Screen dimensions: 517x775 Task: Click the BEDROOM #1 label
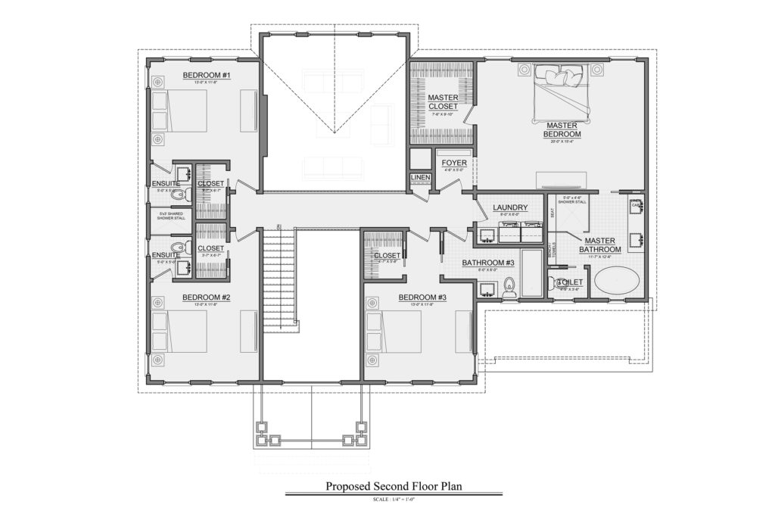(x=206, y=76)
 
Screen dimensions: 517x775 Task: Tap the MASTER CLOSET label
(x=443, y=102)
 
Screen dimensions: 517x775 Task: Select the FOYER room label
(x=454, y=163)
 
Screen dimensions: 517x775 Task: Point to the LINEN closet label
(x=420, y=178)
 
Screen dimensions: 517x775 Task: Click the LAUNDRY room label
(x=509, y=208)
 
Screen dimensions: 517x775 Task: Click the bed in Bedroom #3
(x=394, y=332)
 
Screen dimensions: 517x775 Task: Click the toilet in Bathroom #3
(x=509, y=285)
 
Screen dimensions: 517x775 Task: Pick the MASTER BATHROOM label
(x=600, y=244)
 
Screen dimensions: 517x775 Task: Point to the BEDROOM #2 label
(x=206, y=297)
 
